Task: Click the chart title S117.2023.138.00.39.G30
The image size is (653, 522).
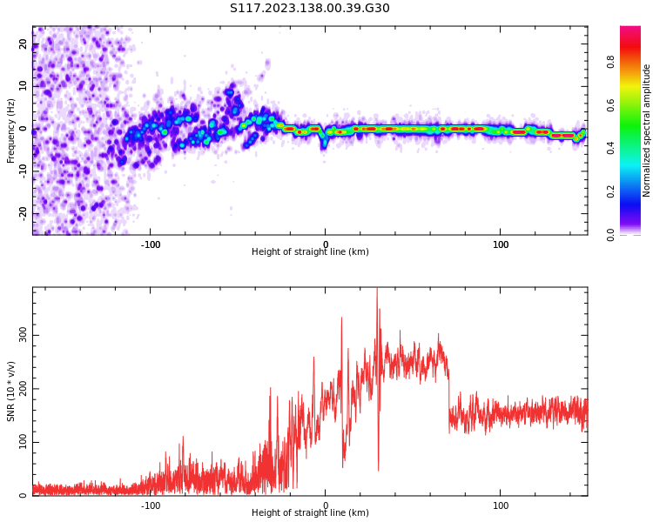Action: (x=310, y=9)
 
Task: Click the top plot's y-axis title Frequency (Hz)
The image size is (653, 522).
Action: (x=10, y=130)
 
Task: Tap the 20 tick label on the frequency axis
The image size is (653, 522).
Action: (x=24, y=44)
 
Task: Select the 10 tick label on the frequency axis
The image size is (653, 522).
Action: (x=24, y=87)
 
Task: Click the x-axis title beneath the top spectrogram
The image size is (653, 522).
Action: (x=310, y=252)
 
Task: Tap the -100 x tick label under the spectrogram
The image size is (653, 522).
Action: (x=151, y=244)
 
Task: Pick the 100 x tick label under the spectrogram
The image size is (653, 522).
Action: (x=501, y=244)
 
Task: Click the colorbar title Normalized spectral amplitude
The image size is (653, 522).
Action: (x=647, y=130)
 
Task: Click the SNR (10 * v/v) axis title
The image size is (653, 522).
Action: (x=10, y=391)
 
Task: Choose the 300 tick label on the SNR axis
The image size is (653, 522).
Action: (x=21, y=335)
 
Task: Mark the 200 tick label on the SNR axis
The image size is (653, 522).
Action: (x=21, y=389)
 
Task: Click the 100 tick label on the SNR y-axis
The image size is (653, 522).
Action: (x=21, y=442)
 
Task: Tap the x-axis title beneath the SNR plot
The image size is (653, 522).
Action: (x=310, y=513)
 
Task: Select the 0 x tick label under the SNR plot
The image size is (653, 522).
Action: (x=326, y=505)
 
